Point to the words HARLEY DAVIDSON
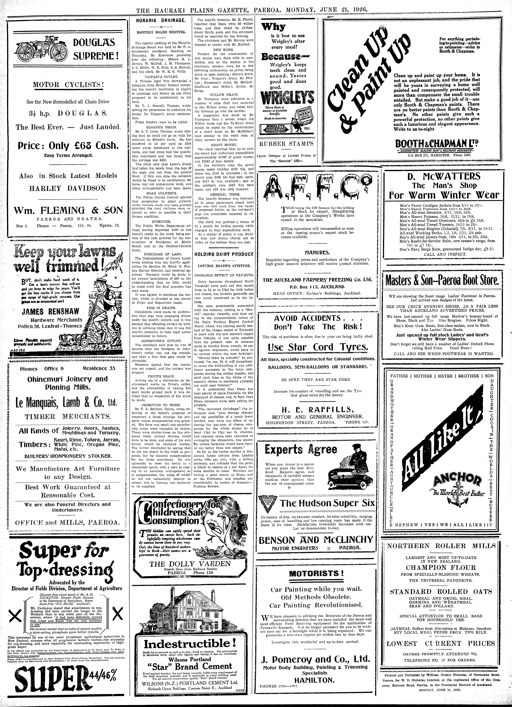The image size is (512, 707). pyautogui.click(x=67, y=188)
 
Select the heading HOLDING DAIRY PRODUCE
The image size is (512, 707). pyautogui.click(x=224, y=254)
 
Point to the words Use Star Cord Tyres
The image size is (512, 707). pyautogui.click(x=318, y=347)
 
